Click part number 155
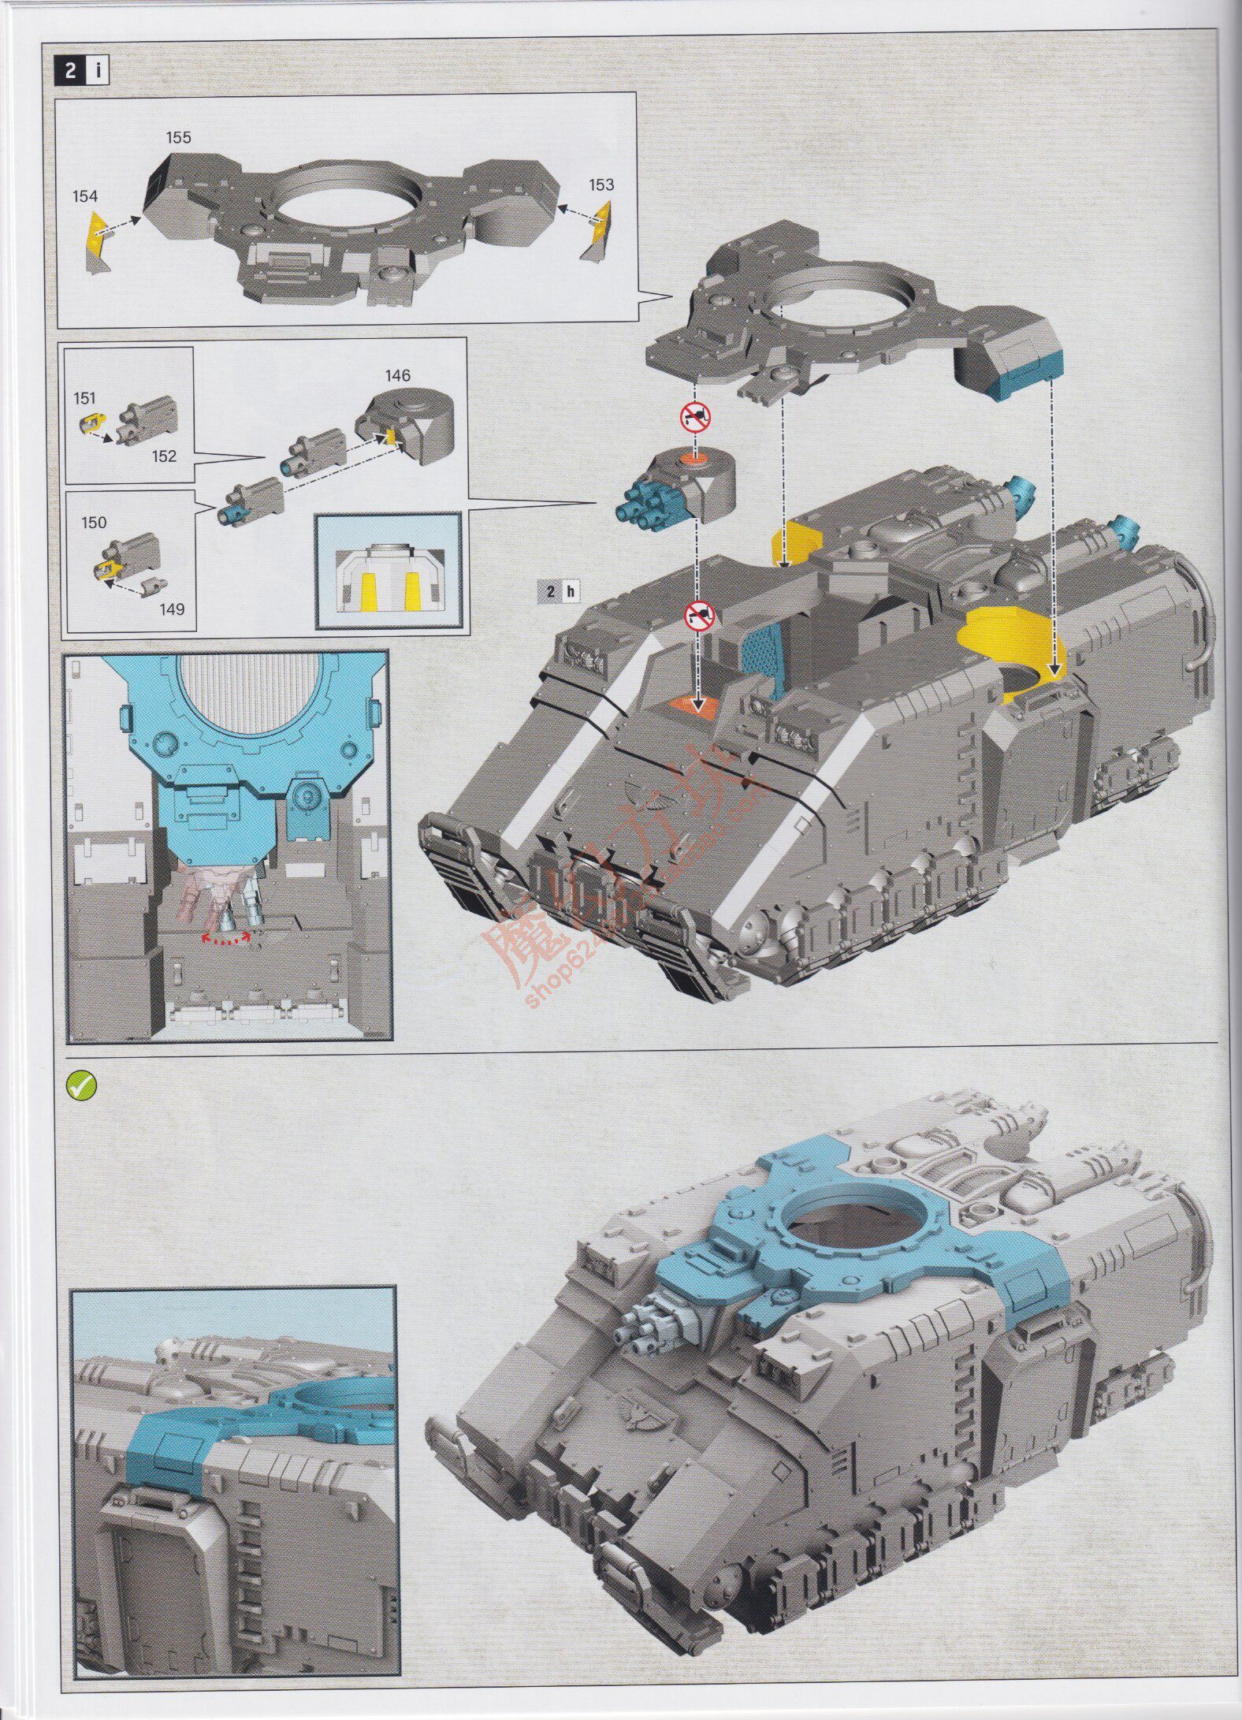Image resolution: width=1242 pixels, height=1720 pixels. (178, 137)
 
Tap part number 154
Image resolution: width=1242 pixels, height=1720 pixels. (85, 195)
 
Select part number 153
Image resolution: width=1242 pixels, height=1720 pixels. (601, 184)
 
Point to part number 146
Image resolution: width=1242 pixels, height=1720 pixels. (398, 375)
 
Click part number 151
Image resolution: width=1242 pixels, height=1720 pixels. (84, 398)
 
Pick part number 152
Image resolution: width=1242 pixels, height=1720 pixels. (165, 456)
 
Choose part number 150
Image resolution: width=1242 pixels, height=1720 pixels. (94, 523)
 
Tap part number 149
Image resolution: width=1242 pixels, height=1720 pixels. (172, 609)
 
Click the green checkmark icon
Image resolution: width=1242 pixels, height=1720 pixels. (81, 1087)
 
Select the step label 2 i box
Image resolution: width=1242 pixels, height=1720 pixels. (81, 71)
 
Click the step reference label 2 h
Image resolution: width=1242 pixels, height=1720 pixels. (557, 591)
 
